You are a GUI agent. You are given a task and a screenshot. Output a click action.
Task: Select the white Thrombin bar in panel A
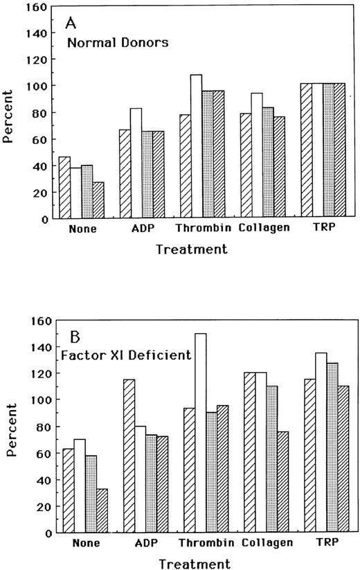point(196,146)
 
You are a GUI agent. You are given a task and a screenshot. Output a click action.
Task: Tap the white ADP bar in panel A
point(136,163)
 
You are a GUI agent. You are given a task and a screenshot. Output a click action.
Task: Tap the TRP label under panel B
point(321,544)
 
